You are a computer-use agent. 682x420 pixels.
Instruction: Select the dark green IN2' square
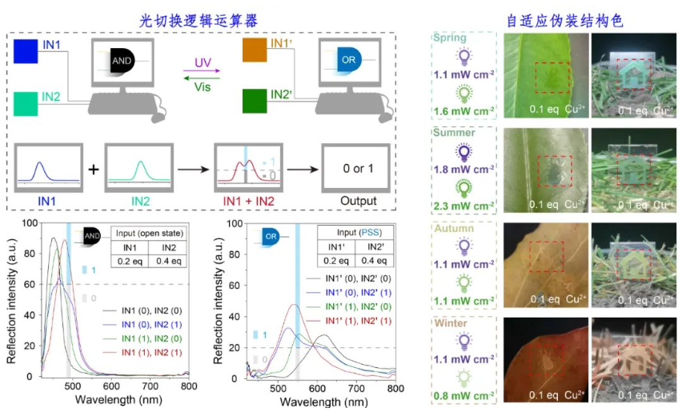pyautogui.click(x=256, y=103)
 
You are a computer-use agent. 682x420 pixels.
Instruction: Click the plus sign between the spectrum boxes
pyautogui.click(x=94, y=169)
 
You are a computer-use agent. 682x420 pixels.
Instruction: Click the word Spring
pyautogui.click(x=450, y=38)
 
